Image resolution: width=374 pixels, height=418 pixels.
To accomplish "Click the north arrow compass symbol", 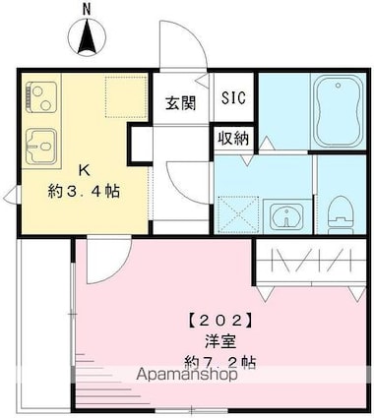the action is point(87,36).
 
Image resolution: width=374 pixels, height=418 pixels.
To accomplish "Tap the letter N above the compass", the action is point(87,10).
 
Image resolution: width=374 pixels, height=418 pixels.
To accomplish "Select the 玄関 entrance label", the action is point(180,103).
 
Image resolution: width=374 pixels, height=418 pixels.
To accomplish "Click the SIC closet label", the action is point(233,97).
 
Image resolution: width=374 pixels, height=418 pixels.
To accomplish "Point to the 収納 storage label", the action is point(233,139).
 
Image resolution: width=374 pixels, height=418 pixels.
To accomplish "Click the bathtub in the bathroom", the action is point(339,112).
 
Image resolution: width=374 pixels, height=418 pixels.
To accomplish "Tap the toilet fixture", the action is point(341,214).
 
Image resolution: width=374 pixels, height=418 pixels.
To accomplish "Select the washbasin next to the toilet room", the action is point(287,216).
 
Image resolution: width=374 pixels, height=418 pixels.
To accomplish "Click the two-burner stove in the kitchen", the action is point(41,97).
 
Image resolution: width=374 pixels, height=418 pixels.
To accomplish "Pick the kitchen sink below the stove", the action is point(42,147).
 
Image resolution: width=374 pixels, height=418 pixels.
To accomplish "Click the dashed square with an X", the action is point(238,215).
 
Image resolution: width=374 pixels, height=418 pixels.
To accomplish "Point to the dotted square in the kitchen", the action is point(126,96).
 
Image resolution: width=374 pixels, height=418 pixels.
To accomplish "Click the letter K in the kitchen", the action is point(84,170).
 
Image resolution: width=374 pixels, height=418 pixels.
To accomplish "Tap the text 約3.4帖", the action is point(84,191).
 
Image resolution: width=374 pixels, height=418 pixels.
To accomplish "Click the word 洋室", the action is point(220,342).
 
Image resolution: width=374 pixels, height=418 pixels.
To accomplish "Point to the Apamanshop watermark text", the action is point(187,375).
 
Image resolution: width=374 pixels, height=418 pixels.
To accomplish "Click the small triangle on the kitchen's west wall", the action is point(11,195).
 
